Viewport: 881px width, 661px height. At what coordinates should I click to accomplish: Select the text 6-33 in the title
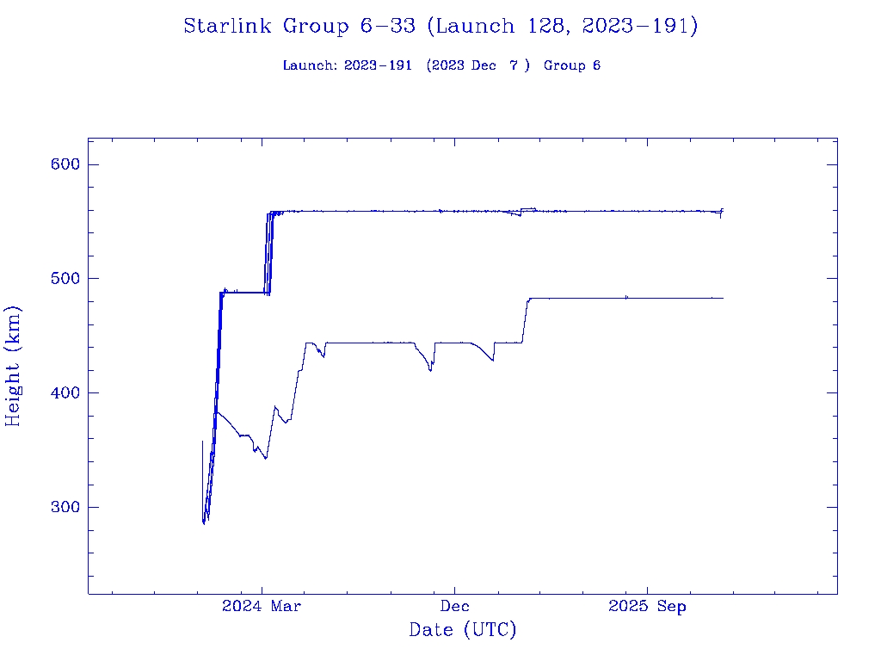(380, 27)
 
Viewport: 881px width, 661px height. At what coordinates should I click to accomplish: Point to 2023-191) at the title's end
(639, 27)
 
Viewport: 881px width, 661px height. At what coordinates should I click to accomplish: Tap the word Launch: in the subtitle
(311, 65)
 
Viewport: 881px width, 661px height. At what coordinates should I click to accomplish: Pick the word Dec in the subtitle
(484, 65)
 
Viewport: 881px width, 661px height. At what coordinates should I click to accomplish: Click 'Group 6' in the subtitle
(572, 65)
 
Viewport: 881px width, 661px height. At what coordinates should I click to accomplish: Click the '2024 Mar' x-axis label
(262, 606)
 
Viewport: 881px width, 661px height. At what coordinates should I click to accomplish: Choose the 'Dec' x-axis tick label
(454, 606)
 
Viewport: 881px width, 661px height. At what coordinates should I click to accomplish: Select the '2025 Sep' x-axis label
(647, 606)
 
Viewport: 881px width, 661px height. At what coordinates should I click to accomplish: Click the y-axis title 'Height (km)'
(14, 366)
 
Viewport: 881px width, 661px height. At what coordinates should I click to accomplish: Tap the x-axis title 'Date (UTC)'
(462, 630)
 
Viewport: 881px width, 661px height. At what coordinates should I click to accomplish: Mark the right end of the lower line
(723, 298)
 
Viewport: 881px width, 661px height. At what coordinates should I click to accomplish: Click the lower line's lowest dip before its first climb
(266, 458)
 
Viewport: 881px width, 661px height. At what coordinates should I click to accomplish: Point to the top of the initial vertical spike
(202, 442)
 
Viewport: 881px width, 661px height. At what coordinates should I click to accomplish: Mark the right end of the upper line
(723, 210)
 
